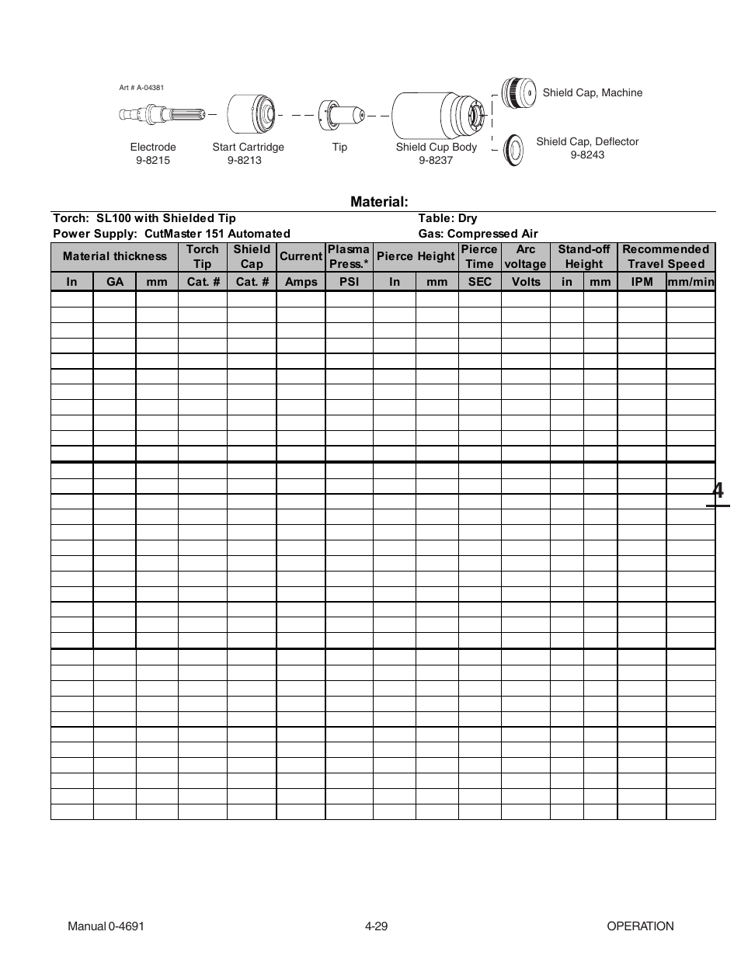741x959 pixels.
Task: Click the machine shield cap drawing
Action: click(517, 92)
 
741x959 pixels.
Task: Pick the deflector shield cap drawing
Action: click(513, 149)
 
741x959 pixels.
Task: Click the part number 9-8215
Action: click(152, 160)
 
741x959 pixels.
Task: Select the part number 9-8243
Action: click(587, 155)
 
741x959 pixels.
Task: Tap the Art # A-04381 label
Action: click(141, 88)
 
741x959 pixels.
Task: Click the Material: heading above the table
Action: click(379, 202)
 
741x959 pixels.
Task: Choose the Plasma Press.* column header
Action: click(349, 256)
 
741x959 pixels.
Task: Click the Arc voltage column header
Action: click(525, 256)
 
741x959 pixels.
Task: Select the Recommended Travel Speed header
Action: click(666, 256)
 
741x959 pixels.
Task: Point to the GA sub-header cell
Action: click(115, 281)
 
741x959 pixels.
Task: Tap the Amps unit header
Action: click(301, 281)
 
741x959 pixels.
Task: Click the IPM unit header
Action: click(642, 281)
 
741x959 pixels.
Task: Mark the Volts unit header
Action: click(525, 281)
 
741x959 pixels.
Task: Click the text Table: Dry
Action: click(447, 218)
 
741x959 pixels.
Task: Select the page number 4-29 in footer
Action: click(376, 926)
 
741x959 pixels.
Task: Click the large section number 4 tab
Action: click(718, 491)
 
